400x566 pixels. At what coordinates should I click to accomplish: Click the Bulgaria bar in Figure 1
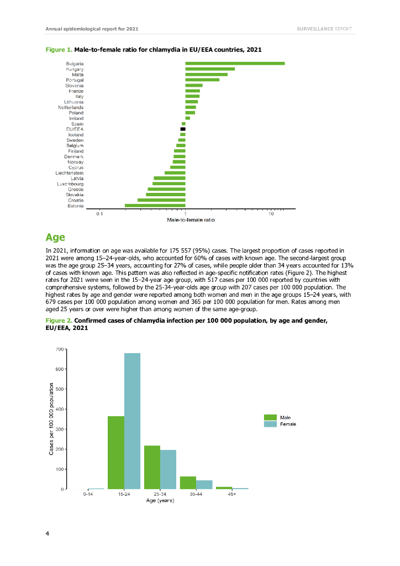[235, 64]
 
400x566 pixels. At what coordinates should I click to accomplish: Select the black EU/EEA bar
[183, 129]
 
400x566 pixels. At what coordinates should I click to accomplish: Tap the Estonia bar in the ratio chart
[155, 206]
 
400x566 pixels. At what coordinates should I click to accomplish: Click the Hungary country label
[75, 69]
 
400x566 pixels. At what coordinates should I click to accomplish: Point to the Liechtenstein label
[70, 173]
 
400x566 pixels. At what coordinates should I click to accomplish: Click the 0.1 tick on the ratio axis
[99, 213]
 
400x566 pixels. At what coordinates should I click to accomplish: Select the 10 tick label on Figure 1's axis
[271, 213]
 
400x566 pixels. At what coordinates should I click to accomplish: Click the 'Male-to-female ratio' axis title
[191, 220]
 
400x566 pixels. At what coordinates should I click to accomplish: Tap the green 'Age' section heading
[56, 238]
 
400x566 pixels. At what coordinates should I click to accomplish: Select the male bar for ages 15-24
[116, 452]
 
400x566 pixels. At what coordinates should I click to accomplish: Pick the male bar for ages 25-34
[152, 467]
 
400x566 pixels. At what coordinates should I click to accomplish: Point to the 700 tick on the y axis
[58, 349]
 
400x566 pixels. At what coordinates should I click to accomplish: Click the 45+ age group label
[232, 494]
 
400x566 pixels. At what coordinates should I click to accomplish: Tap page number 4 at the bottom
[47, 533]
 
